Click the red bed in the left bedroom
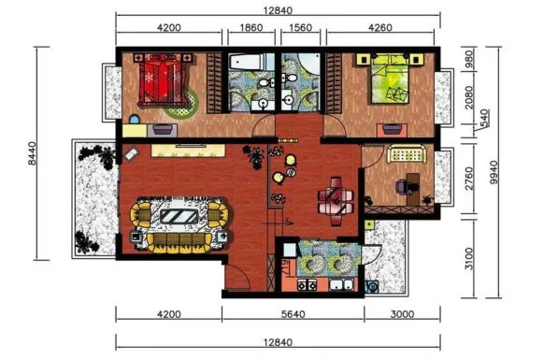[163, 79]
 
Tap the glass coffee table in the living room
[179, 217]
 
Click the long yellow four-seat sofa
[179, 243]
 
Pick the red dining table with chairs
[336, 201]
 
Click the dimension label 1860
[251, 27]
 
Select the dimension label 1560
[300, 27]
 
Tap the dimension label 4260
[380, 27]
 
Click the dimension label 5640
[293, 314]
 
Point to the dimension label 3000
[402, 314]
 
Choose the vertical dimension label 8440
[32, 153]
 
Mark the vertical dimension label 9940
[494, 173]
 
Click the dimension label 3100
[468, 259]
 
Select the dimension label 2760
[468, 179]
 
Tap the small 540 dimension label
[485, 118]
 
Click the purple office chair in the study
[401, 187]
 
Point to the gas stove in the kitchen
[307, 285]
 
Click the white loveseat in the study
[407, 154]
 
